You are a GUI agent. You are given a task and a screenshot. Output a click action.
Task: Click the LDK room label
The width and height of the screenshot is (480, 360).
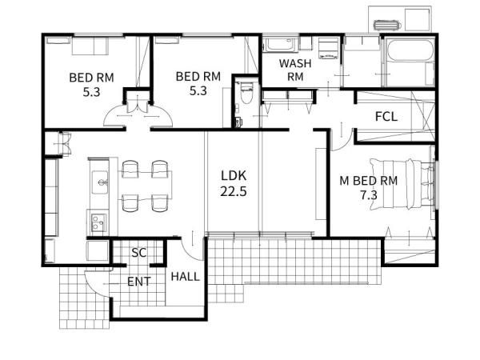pyautogui.click(x=234, y=176)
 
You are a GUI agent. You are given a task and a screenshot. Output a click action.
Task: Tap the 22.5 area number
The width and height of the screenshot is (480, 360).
pyautogui.click(x=234, y=192)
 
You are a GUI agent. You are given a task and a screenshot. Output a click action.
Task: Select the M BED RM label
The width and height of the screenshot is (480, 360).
pyautogui.click(x=369, y=181)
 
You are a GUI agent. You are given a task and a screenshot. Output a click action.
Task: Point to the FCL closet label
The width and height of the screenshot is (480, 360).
pyautogui.click(x=386, y=117)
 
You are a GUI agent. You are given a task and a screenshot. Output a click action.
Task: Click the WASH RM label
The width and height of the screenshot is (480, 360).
pyautogui.click(x=295, y=70)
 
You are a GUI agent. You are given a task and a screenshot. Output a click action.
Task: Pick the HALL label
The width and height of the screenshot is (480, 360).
pyautogui.click(x=186, y=277)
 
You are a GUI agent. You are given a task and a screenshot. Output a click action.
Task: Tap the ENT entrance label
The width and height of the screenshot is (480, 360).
pyautogui.click(x=138, y=282)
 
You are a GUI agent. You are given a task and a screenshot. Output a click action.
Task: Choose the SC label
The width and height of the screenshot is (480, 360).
pyautogui.click(x=139, y=253)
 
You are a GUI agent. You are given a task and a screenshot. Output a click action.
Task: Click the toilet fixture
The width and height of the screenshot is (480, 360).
pyautogui.click(x=246, y=93)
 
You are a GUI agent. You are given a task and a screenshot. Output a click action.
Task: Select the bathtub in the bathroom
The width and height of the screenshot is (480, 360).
pyautogui.click(x=410, y=50)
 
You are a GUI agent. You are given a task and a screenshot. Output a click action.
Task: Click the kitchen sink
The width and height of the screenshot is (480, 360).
pyautogui.click(x=100, y=182)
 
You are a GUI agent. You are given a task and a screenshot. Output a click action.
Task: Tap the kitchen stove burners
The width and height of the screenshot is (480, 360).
pyautogui.click(x=98, y=222)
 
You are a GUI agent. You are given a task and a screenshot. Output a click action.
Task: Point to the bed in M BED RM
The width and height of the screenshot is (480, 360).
pyautogui.click(x=402, y=184)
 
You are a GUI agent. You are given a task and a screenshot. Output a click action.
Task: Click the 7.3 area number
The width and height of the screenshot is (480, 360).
pyautogui.click(x=369, y=195)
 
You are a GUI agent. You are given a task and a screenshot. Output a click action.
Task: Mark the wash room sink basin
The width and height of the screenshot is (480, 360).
pyautogui.click(x=280, y=45)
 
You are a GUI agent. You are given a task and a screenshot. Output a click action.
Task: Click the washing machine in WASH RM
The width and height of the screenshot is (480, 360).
pyautogui.click(x=328, y=48)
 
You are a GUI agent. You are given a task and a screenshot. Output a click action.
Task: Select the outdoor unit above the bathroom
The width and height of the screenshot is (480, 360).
pyautogui.click(x=387, y=25)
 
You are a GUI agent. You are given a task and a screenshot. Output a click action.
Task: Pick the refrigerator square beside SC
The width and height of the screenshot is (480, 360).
pyautogui.click(x=98, y=250)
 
